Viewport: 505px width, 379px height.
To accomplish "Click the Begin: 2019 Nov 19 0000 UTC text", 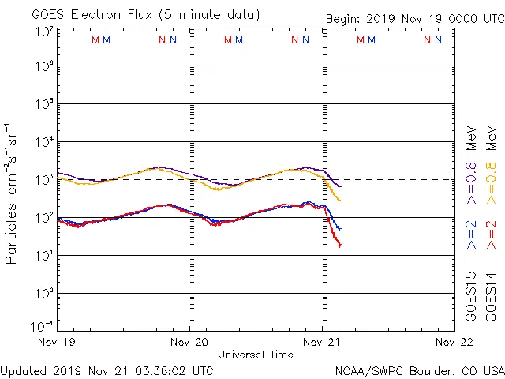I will coord(414,19).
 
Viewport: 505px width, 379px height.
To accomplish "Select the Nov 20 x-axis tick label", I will coord(190,342).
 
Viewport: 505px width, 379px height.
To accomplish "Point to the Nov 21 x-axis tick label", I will coord(323,342).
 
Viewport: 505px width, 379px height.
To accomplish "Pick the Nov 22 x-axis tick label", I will coord(455,342).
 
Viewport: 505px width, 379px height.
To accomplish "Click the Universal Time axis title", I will coord(256,355).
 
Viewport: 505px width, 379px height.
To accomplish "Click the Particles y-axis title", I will coord(12,193).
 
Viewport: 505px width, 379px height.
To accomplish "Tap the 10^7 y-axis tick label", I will coord(44,32).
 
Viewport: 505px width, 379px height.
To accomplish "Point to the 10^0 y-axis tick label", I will coord(44,294).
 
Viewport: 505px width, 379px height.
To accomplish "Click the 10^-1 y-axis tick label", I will coord(43,326).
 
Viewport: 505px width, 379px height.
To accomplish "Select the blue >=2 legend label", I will coord(471,235).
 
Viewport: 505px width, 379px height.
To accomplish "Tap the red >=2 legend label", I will coord(491,235).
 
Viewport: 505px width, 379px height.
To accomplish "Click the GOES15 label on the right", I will coord(471,296).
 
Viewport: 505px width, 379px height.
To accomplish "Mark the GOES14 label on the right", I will coord(491,296).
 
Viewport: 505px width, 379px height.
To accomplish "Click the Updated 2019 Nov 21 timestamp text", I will coord(107,370).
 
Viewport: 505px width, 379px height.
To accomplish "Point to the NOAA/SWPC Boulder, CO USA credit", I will coord(419,370).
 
